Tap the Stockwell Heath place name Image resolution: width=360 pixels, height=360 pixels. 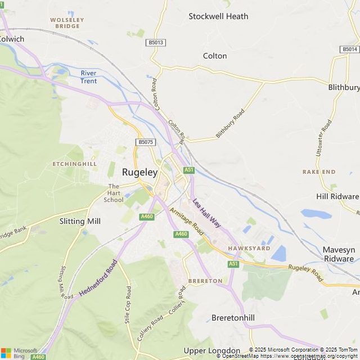click(218, 16)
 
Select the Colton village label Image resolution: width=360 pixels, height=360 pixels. click(215, 56)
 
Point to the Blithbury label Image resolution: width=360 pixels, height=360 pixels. click(344, 87)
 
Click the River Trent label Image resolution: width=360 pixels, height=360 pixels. click(88, 77)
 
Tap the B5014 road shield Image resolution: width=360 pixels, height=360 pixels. click(349, 49)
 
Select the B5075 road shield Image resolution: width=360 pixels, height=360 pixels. click(145, 142)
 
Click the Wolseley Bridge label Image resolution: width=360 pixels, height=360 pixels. click(67, 23)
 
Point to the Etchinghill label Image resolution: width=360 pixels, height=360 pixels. click(75, 164)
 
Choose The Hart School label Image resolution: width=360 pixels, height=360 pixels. click(114, 193)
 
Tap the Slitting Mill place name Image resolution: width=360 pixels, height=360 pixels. click(80, 221)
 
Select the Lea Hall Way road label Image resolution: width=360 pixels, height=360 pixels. click(206, 213)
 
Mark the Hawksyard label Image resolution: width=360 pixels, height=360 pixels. click(249, 248)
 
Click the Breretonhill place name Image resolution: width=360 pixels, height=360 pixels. click(233, 318)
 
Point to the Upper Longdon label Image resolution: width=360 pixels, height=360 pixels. click(211, 350)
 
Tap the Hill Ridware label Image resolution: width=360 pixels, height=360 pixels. click(337, 196)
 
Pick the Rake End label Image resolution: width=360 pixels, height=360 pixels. click(319, 172)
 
